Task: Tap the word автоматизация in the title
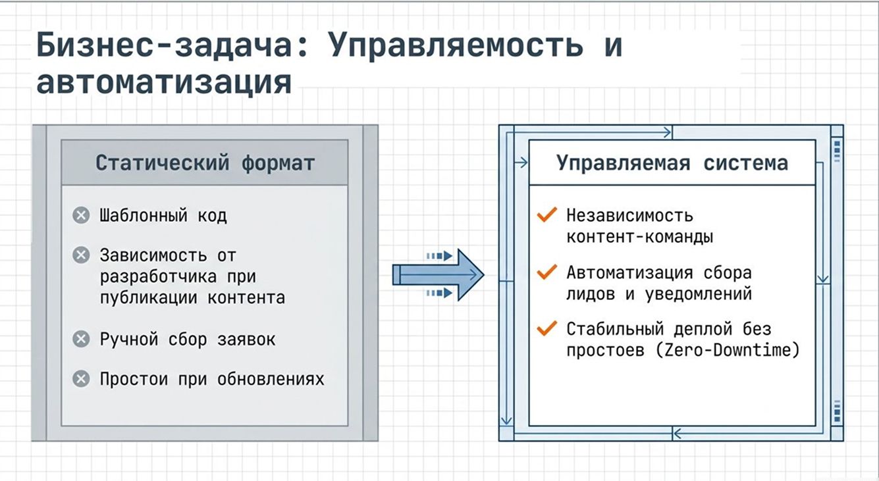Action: coord(164,83)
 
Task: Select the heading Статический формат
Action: coord(205,163)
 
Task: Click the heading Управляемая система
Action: coord(672,163)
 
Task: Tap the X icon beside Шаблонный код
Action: coord(81,215)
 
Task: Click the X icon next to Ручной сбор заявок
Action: coord(81,339)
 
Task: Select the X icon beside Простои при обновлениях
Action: coord(81,379)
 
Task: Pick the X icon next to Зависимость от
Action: coord(81,255)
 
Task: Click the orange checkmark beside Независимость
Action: coord(547,215)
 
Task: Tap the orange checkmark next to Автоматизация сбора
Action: coord(547,272)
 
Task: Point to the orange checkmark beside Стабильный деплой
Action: coord(547,328)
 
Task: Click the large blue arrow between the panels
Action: coord(439,275)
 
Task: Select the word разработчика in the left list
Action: coord(158,277)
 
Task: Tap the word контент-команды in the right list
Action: coord(639,237)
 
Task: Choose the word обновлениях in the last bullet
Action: coord(271,379)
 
